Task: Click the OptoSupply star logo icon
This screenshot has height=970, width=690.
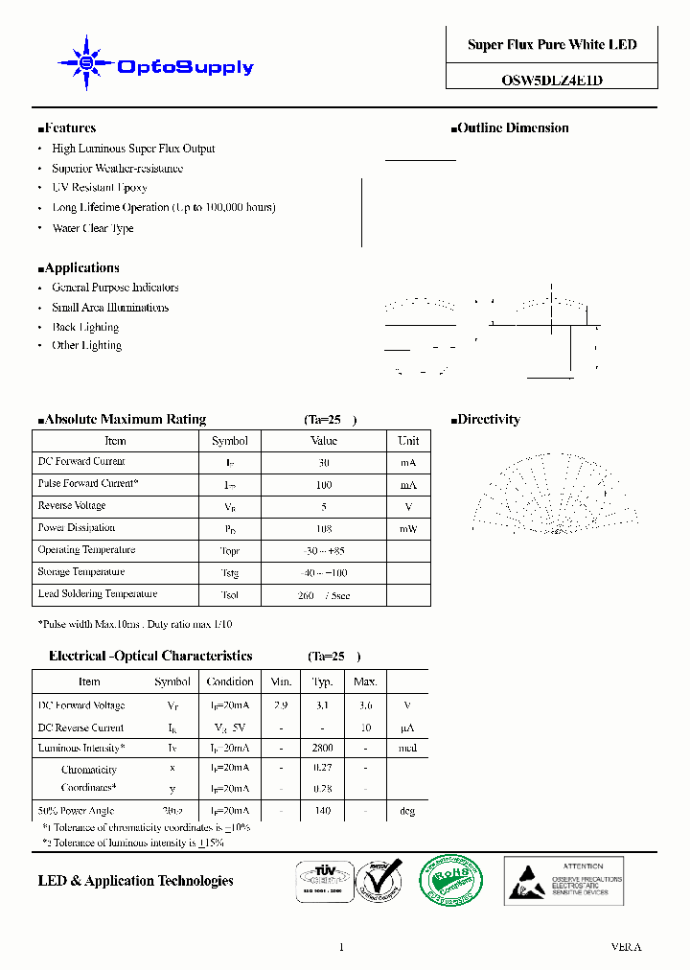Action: coord(86,63)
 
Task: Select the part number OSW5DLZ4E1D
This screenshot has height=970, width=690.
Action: coord(552,81)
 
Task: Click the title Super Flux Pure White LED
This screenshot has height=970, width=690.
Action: coord(552,45)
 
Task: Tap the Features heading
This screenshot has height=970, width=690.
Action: coord(67,128)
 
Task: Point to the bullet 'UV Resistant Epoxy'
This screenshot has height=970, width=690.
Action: coord(100,188)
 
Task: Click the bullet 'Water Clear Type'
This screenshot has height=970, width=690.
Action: coord(93,228)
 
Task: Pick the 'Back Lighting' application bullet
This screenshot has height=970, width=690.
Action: coord(86,327)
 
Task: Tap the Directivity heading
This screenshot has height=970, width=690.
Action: coord(486,420)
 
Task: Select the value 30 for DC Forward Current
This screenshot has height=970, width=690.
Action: coord(324,462)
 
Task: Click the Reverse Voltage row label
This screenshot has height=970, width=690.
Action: coord(72,506)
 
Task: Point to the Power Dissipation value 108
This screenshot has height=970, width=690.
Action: coord(324,528)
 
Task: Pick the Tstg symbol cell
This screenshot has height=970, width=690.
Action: coord(229,573)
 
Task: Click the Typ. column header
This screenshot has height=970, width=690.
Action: coord(323,682)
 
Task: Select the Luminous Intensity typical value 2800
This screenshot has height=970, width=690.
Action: coord(323,749)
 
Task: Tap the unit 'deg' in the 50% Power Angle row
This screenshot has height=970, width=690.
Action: coord(407,811)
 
